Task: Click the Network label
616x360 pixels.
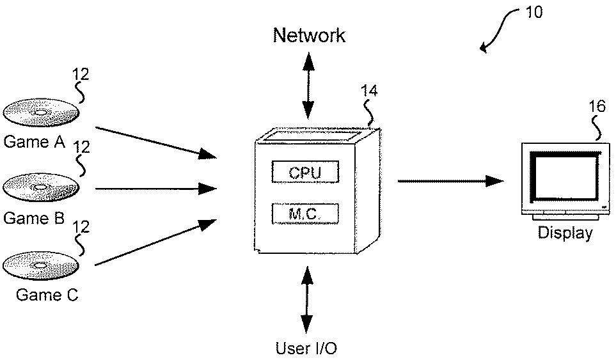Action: pyautogui.click(x=309, y=35)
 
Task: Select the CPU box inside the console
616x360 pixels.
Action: pyautogui.click(x=304, y=172)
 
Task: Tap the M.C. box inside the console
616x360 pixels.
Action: pyautogui.click(x=304, y=214)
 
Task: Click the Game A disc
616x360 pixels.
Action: pyautogui.click(x=41, y=113)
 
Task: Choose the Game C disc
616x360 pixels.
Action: pyautogui.click(x=41, y=265)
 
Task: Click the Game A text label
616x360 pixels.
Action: pyautogui.click(x=35, y=142)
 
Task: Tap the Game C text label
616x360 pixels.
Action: pyautogui.click(x=47, y=295)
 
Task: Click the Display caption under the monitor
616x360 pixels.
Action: pyautogui.click(x=565, y=233)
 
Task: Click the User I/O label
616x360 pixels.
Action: pyautogui.click(x=306, y=348)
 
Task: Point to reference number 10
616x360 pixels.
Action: pyautogui.click(x=533, y=12)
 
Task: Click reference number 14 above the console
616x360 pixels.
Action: pyautogui.click(x=369, y=90)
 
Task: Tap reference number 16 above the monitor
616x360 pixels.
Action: pyautogui.click(x=596, y=106)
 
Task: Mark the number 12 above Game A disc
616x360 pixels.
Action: pyautogui.click(x=81, y=74)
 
